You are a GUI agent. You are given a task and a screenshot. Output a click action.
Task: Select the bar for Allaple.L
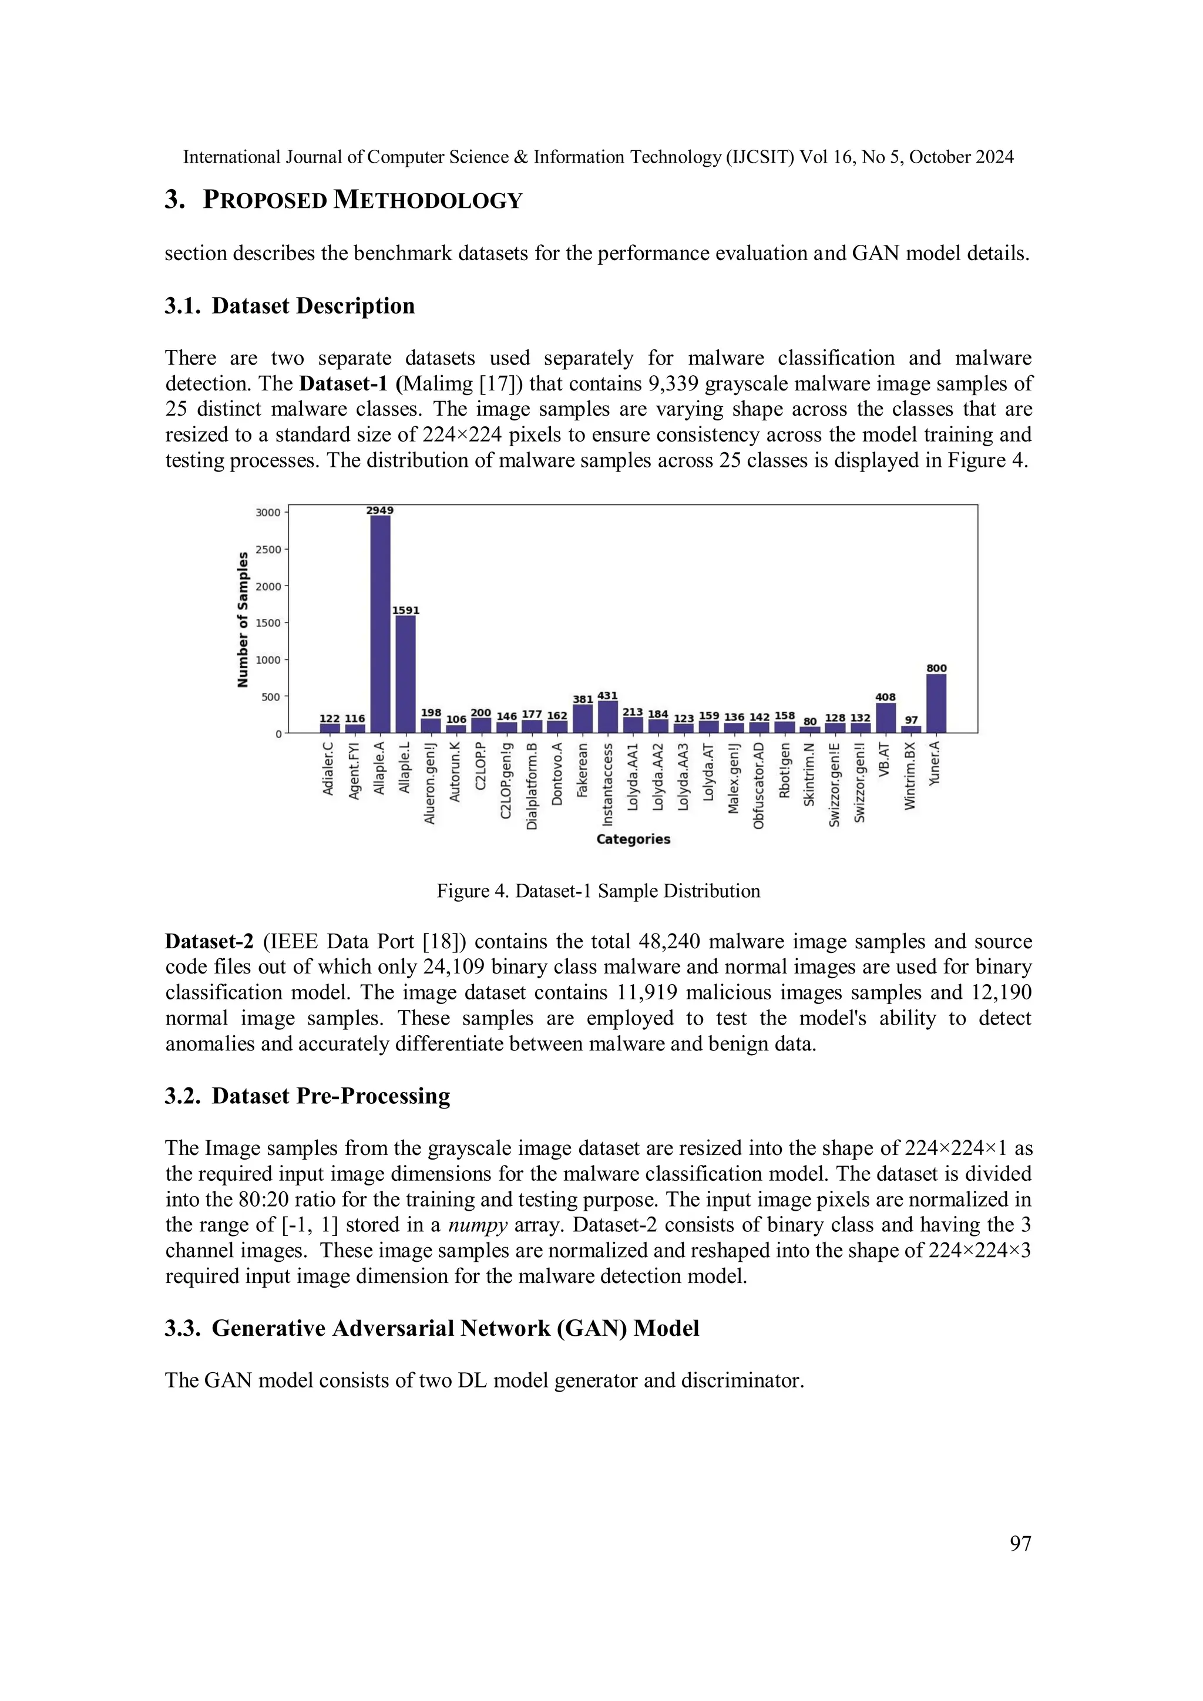[x=405, y=674]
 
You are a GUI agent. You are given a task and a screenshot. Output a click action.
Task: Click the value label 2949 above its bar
[x=380, y=510]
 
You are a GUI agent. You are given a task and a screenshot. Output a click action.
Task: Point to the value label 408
[x=885, y=697]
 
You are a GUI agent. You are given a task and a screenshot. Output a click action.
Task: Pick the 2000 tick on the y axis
[x=268, y=586]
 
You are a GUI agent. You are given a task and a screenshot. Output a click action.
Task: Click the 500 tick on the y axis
[x=271, y=696]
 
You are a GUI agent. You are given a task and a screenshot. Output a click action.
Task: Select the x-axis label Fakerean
[x=583, y=770]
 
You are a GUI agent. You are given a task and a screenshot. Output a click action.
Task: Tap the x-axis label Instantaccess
[x=608, y=784]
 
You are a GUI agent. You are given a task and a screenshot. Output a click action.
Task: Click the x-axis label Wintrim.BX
[x=911, y=776]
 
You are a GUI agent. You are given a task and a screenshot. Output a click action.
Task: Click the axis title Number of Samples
[x=243, y=619]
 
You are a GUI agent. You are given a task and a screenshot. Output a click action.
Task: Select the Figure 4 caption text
[x=598, y=891]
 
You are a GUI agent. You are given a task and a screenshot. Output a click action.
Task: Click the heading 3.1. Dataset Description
[x=289, y=305]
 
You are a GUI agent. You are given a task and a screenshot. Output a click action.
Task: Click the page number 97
[x=1020, y=1543]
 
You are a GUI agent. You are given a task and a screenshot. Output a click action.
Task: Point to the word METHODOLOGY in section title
[x=428, y=200]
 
